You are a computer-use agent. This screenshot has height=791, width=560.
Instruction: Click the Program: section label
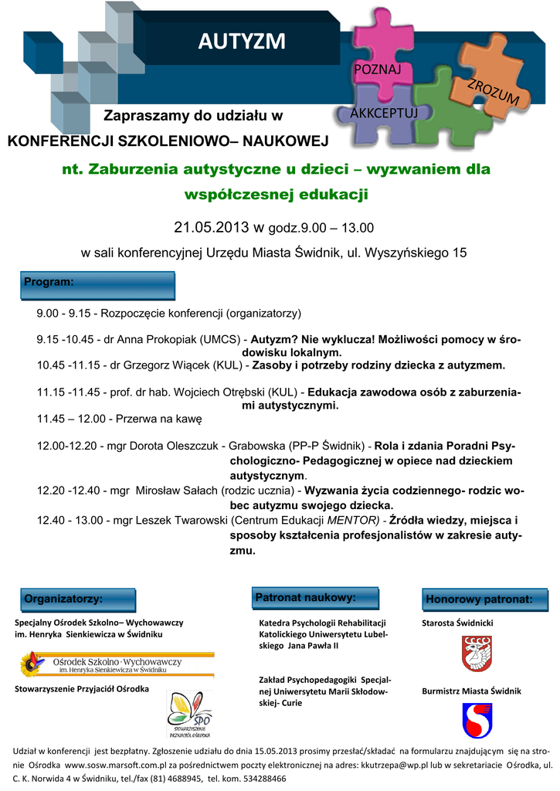pyautogui.click(x=49, y=283)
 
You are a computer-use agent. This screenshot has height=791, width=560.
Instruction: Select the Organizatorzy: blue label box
pyautogui.click(x=76, y=599)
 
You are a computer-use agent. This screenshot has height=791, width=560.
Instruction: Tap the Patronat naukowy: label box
pyautogui.click(x=317, y=598)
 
